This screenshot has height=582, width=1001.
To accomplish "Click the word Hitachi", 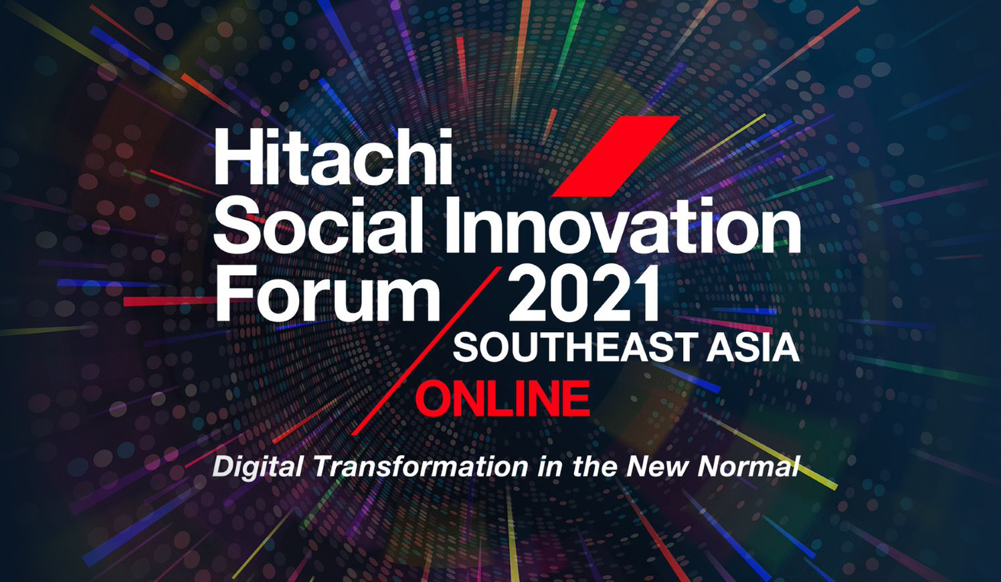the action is click(x=333, y=156).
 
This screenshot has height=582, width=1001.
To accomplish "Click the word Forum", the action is click(x=328, y=293).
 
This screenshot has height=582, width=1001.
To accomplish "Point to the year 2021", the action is click(x=583, y=293).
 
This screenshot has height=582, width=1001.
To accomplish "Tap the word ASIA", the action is click(x=753, y=348).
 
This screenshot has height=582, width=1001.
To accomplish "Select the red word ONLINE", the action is click(x=503, y=398).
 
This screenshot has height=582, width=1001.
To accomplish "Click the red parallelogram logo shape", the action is click(x=616, y=156).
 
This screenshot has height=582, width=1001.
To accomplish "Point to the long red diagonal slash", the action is click(x=427, y=351).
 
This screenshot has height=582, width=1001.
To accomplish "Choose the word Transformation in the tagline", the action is click(x=421, y=467).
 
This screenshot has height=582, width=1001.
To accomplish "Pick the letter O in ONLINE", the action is click(x=434, y=398).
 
